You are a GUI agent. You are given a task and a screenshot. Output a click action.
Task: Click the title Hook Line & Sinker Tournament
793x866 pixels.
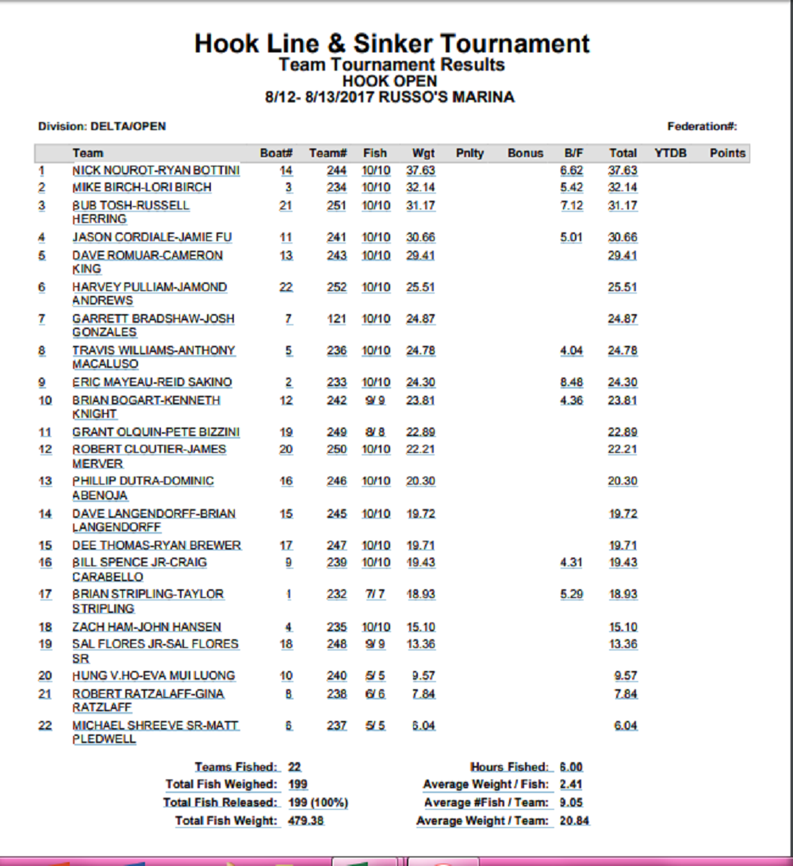click(392, 43)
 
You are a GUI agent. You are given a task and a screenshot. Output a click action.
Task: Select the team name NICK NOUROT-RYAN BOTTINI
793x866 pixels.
click(155, 171)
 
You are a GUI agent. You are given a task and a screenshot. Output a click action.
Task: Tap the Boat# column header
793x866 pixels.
click(277, 153)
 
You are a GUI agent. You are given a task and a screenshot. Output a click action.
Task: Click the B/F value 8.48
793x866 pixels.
click(571, 382)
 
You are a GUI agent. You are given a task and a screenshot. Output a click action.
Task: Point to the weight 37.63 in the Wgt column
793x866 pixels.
click(421, 171)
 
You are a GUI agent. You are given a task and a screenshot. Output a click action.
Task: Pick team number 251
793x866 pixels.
click(337, 205)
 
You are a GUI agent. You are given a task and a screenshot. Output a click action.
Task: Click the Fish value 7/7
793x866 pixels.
click(376, 594)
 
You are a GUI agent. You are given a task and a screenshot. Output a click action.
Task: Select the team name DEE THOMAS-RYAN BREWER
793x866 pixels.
click(156, 546)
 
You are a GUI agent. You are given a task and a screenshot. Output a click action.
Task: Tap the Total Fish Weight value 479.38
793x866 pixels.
click(305, 821)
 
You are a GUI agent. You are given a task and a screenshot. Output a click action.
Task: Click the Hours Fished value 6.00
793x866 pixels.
click(571, 767)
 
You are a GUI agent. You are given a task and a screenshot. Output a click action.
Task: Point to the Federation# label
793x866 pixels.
click(703, 126)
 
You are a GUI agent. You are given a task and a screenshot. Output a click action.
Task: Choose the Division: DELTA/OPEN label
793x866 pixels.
click(102, 126)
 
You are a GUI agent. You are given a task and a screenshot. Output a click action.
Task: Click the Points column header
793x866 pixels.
click(727, 153)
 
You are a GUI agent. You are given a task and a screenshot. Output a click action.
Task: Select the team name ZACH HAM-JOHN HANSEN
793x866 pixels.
click(147, 627)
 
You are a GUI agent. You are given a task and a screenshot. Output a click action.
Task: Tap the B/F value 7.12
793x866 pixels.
click(571, 205)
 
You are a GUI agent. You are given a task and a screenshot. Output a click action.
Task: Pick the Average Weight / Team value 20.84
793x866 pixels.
click(574, 821)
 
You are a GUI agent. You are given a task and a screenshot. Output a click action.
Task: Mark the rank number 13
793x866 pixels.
click(45, 481)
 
